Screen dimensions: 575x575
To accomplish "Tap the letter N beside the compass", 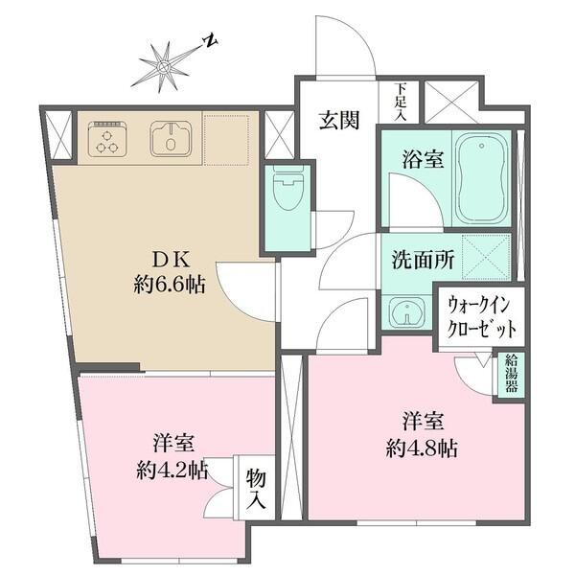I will [x=209, y=42].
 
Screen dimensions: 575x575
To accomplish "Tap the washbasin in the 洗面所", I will [x=407, y=312].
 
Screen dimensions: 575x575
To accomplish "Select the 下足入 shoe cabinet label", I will [x=399, y=102].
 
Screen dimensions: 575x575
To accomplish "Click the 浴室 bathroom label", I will [x=423, y=159].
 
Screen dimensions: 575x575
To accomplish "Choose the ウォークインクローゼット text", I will [x=482, y=317].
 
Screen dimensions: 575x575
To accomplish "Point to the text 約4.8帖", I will [x=421, y=448].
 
